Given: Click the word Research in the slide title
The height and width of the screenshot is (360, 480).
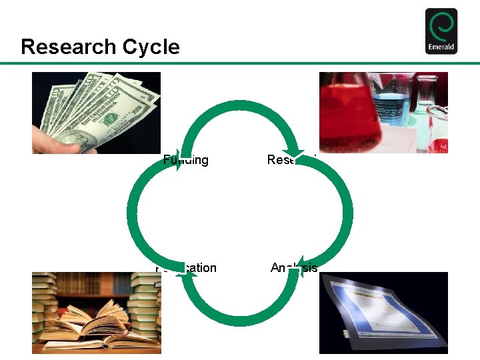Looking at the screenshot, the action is coord(61,47).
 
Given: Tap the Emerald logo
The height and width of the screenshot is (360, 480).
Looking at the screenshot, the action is coord(441,31).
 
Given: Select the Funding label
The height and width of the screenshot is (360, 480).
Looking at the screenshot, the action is coord(187,160).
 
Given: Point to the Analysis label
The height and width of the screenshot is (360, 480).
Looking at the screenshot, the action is coord(294,268).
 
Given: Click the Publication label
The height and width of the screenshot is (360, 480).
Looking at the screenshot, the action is coord(187,268).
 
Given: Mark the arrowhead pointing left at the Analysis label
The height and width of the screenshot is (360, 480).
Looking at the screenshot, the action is coord(299,265).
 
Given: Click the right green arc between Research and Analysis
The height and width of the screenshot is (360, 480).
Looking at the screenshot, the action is coord(348,213).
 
